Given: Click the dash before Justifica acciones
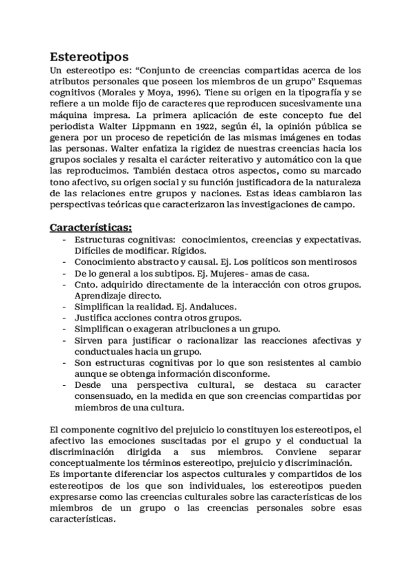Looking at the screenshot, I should [64, 318].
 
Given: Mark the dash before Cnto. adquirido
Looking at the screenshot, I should [64, 284].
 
